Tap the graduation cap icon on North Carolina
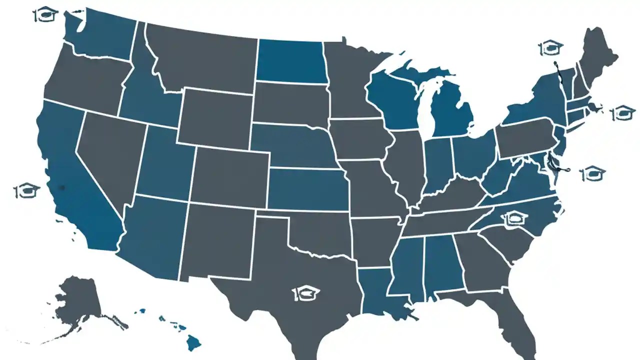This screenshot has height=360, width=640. pyautogui.click(x=515, y=218)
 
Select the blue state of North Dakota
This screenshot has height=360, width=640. pyautogui.click(x=290, y=61)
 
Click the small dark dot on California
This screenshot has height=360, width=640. pyautogui.click(x=62, y=187)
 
